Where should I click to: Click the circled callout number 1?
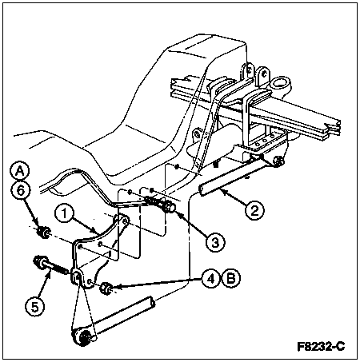[64, 214]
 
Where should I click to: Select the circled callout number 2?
[254, 211]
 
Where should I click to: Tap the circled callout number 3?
[215, 242]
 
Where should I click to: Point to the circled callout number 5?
[35, 307]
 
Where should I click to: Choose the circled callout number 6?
[20, 191]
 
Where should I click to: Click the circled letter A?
[19, 172]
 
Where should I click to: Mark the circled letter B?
[230, 279]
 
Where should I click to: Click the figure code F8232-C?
[321, 347]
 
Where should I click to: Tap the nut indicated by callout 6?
[43, 233]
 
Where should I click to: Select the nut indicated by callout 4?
[106, 288]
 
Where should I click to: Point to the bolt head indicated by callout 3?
[169, 207]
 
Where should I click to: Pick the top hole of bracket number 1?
[124, 221]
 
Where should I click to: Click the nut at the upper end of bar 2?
[279, 161]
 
